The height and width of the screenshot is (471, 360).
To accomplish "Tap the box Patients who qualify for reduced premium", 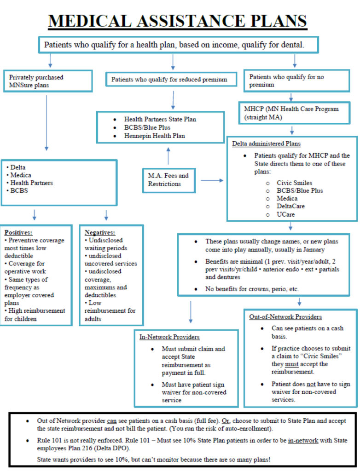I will tap(169, 80).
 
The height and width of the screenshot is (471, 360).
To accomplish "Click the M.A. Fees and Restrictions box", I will tap(168, 179).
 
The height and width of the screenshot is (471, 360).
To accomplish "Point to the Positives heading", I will tap(18, 232).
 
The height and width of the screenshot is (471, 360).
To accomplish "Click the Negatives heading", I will tap(99, 232).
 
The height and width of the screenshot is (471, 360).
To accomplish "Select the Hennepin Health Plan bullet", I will tap(154, 136).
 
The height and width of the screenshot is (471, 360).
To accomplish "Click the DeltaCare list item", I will tap(291, 207).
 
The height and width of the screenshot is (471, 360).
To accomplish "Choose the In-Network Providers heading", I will tap(169, 337).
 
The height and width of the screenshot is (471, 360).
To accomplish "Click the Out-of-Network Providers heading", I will tap(285, 317).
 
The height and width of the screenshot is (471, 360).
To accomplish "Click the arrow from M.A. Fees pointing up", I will tap(168, 156).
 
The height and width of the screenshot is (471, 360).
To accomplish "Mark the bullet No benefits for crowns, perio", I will tap(252, 289).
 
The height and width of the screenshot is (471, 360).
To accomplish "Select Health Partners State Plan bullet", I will tap(160, 119).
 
